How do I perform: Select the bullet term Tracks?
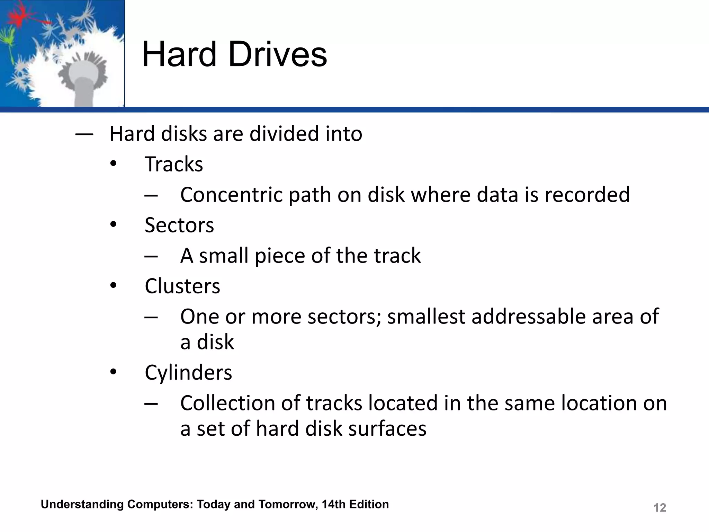174,164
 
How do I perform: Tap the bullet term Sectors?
179,225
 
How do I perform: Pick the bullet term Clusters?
182,286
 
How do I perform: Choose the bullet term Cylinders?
188,373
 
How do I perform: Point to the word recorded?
587,195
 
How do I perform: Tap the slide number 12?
659,508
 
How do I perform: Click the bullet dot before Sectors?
113,225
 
